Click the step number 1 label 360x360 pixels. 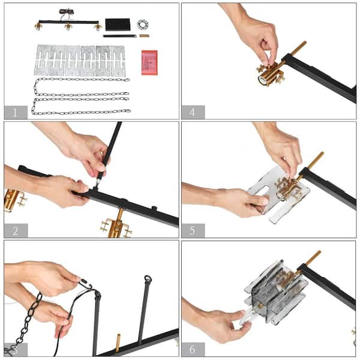[15, 113]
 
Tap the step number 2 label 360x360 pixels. [16, 231]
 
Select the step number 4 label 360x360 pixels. [193, 112]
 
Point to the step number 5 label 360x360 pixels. [193, 230]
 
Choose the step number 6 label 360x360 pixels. [193, 349]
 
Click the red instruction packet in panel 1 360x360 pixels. [149, 62]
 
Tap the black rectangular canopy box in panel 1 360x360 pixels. [118, 25]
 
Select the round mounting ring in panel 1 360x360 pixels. [143, 25]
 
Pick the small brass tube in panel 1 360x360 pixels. [144, 36]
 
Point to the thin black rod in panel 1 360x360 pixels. [119, 36]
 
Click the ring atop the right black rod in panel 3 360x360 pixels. [148, 279]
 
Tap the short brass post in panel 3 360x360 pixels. [118, 343]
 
